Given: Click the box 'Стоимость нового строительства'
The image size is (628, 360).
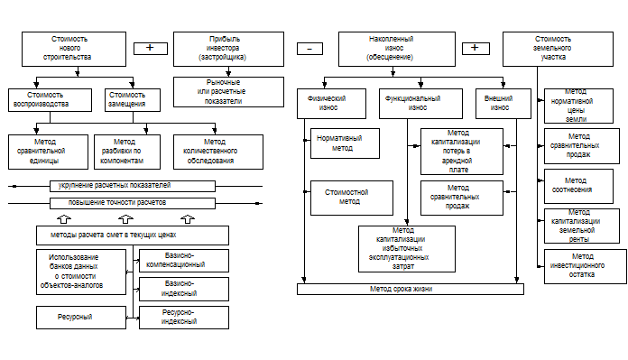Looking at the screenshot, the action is point(74,49).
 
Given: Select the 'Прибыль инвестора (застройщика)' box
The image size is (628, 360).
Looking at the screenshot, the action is point(228,49).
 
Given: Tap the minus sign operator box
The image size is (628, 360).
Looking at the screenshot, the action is point(310,49).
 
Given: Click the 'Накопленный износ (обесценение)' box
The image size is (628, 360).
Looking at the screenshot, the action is point(397,49).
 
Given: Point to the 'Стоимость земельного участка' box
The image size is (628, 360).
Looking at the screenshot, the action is point(558,49).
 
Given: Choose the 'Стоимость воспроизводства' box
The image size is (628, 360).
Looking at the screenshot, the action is point(50,100).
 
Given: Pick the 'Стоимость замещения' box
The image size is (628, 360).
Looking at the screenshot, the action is point(133,100).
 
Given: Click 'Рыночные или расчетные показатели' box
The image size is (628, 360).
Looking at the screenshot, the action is point(228,92).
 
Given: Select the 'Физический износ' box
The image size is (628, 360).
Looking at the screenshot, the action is point(332,104).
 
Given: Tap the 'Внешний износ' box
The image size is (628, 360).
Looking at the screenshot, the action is point(503,104).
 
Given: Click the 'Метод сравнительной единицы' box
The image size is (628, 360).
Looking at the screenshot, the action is point(48,152).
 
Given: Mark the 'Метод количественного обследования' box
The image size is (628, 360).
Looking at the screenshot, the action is point(218,152).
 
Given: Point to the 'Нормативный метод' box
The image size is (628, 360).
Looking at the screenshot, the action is point(346,143).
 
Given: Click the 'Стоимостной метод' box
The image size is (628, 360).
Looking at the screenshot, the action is point(352,198).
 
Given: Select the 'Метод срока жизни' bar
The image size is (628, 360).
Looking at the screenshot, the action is point(411,289).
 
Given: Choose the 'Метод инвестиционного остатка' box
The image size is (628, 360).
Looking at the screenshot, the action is point(586,266).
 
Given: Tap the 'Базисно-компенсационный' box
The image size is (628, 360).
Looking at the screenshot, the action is point(184,261).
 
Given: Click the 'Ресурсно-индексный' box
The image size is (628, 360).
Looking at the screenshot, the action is point(184,318).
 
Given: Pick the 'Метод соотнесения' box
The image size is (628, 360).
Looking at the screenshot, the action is point(578,186).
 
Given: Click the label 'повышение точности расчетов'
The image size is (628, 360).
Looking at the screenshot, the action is point(117,203).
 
